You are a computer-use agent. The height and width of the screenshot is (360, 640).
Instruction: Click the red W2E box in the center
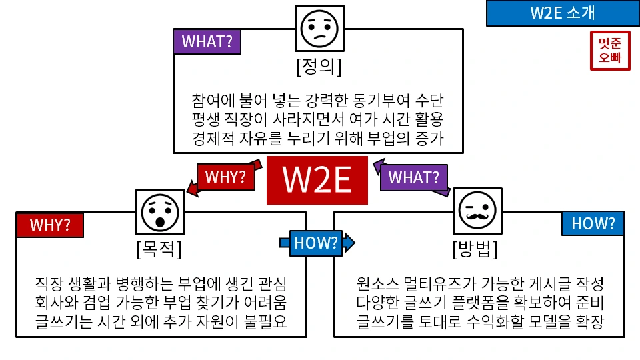(x=317, y=180)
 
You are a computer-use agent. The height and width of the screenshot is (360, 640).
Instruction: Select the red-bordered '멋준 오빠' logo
(x=609, y=51)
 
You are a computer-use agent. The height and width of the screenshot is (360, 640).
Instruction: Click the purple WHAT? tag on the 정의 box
(x=207, y=41)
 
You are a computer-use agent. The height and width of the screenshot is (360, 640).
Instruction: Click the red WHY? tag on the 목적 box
(x=50, y=225)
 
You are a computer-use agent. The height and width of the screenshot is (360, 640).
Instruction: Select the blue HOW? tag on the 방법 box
(x=593, y=224)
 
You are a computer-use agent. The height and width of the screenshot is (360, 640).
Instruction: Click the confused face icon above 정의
(x=320, y=27)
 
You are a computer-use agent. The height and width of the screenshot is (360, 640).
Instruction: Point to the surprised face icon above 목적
(x=160, y=213)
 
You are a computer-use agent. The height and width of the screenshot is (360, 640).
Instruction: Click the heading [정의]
(x=319, y=67)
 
